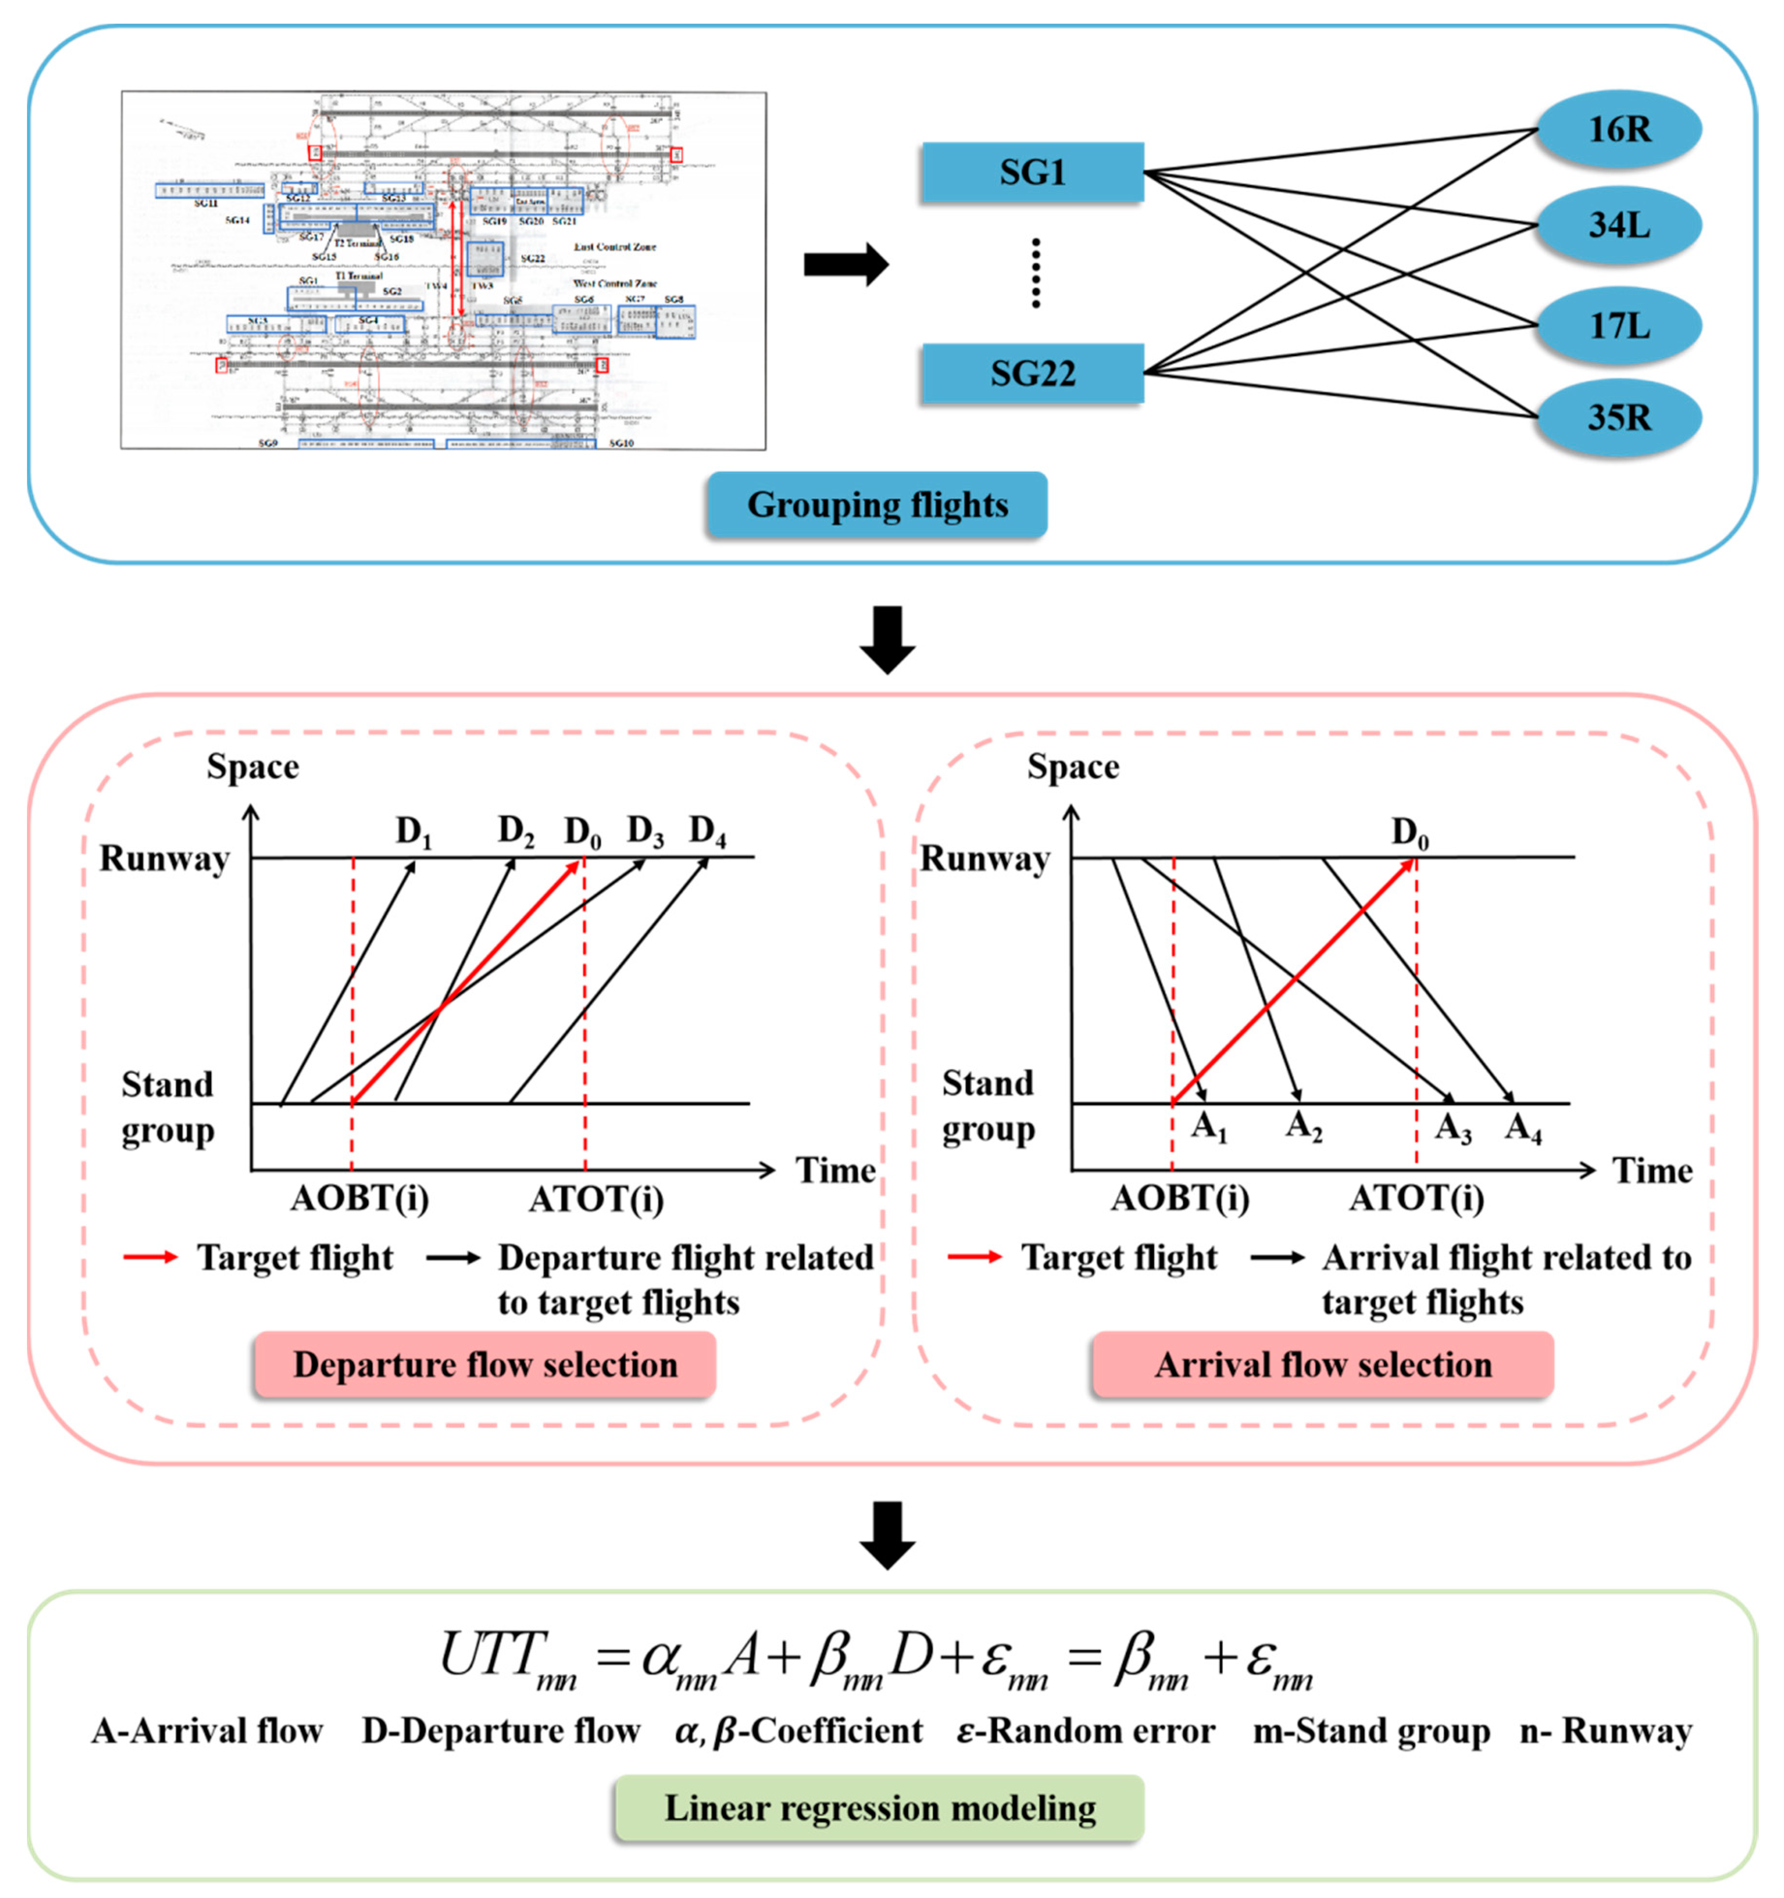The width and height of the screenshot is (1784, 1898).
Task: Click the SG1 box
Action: point(1032,173)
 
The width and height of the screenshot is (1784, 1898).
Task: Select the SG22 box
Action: point(1032,373)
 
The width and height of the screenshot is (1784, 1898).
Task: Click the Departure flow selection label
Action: point(485,1365)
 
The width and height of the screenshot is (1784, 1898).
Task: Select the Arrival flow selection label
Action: point(1323,1365)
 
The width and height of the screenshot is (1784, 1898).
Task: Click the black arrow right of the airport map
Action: point(845,265)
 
